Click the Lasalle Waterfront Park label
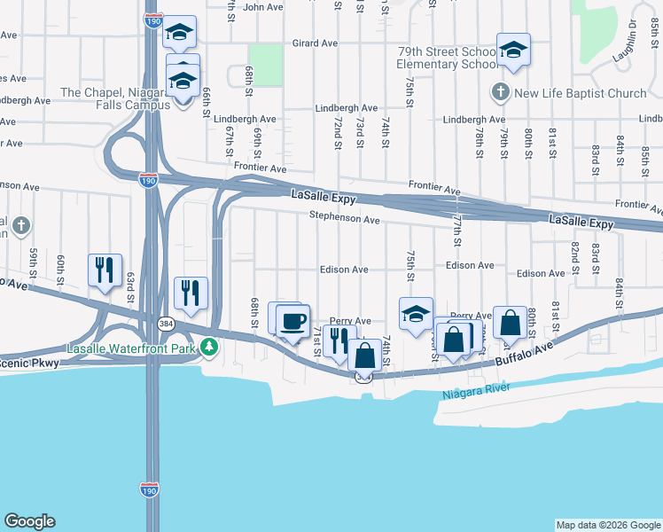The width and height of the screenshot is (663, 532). [x=133, y=348]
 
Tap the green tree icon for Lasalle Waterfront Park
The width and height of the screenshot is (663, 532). [x=209, y=348]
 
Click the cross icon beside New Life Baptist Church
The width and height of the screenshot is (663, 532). [x=500, y=92]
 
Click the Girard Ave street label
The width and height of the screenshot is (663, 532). [x=316, y=43]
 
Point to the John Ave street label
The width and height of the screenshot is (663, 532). [x=261, y=7]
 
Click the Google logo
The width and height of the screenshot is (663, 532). [x=29, y=521]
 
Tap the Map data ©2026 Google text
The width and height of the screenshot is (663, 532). [x=607, y=525]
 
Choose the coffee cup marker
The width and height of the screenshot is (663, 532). [x=292, y=320]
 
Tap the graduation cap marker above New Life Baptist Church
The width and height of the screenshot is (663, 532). [x=512, y=50]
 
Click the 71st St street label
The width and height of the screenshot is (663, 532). [x=317, y=340]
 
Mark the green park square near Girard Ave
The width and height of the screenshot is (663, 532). [x=265, y=65]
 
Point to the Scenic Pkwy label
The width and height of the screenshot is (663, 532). [x=29, y=362]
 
